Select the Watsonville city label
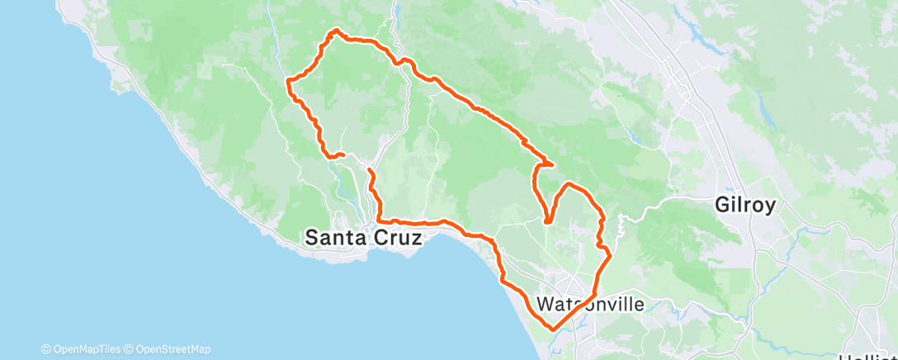pos(590,304)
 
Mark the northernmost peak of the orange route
pos(336,31)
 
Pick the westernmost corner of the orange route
pos(287,80)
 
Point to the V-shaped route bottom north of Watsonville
pos(547,221)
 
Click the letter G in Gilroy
pos(724,206)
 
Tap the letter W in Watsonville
pos(546,304)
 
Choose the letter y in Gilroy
pos(769,207)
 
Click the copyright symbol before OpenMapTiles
pos(45,349)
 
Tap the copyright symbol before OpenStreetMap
pos(130,349)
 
